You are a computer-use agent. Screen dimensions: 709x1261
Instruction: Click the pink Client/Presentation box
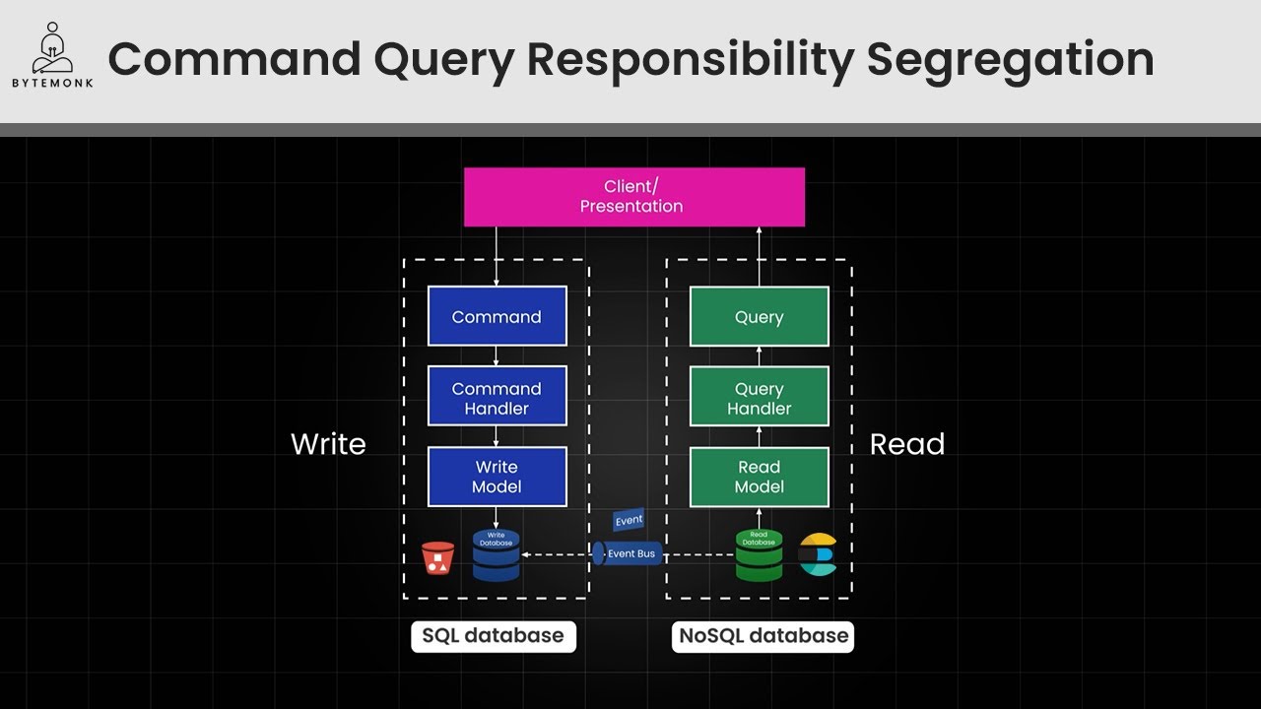tap(633, 197)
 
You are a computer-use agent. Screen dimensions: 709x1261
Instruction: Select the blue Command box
tap(497, 316)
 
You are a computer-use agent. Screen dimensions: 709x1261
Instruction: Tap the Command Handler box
tap(497, 397)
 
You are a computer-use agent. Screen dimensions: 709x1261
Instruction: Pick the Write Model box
tap(497, 477)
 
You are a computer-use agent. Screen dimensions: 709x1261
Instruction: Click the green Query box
tap(759, 316)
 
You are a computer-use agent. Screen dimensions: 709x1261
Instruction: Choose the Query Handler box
tap(759, 397)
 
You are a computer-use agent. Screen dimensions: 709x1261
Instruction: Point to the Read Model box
tap(759, 477)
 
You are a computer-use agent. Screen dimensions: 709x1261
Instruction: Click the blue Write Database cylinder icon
tap(496, 555)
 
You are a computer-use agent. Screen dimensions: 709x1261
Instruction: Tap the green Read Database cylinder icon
tap(759, 555)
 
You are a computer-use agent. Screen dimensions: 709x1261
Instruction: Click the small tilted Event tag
tap(628, 520)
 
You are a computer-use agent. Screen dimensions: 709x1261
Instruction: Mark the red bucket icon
tap(437, 557)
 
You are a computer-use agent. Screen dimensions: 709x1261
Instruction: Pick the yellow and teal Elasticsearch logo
tap(817, 554)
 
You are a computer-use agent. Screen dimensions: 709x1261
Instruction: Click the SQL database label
tap(493, 636)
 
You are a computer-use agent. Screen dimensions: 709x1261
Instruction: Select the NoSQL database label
tap(763, 636)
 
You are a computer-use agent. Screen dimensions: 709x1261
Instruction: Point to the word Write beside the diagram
tap(328, 444)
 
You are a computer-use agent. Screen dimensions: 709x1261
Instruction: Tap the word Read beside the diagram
tap(906, 444)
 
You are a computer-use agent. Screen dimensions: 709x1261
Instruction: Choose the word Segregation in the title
tap(1010, 59)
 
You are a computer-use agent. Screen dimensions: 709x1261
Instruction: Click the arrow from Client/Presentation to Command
tap(497, 256)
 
